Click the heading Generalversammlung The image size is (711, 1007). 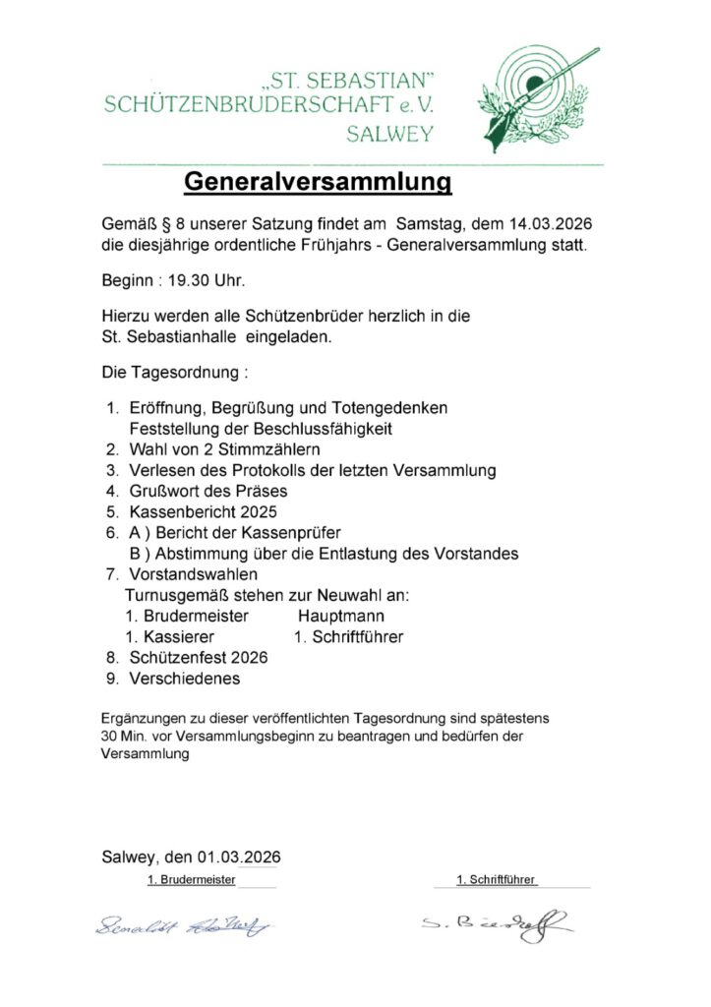click(318, 182)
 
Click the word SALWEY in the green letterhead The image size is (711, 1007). click(389, 135)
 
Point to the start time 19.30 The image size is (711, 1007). click(191, 280)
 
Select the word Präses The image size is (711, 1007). click(263, 491)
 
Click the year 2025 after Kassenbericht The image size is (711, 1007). click(259, 511)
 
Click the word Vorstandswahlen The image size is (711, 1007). click(193, 573)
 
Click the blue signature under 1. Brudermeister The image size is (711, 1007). click(184, 924)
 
